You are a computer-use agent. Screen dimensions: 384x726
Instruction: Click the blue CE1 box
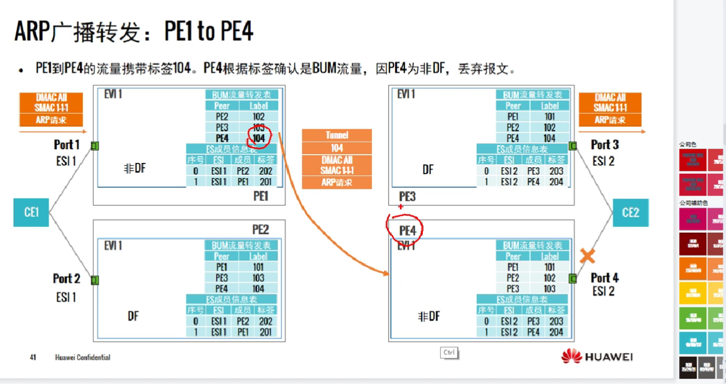click(x=31, y=212)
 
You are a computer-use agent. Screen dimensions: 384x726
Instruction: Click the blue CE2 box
click(x=631, y=212)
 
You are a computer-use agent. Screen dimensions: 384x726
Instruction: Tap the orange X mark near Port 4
click(x=587, y=256)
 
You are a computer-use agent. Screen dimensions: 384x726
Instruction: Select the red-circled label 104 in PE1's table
click(x=259, y=137)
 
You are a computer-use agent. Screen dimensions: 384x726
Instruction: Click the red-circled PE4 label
click(x=407, y=231)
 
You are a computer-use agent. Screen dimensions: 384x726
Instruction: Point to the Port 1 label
click(x=66, y=145)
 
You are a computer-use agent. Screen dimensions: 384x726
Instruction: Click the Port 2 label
click(x=66, y=279)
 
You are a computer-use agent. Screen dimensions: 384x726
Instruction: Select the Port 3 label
click(x=604, y=145)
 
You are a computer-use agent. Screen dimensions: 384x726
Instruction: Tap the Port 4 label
click(x=604, y=278)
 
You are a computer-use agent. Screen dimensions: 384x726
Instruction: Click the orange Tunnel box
click(x=337, y=135)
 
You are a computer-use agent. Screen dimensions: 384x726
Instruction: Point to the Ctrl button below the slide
click(x=449, y=353)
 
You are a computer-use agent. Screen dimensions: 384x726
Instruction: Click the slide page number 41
click(x=33, y=357)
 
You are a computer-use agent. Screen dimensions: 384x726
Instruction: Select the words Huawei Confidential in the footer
click(x=82, y=357)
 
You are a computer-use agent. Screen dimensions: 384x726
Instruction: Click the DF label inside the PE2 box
click(x=133, y=316)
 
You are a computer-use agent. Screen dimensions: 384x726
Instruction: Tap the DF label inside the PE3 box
click(x=428, y=170)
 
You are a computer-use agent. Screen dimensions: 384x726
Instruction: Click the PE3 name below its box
click(x=407, y=196)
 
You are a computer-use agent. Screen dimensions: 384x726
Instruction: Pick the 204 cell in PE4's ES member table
click(x=556, y=332)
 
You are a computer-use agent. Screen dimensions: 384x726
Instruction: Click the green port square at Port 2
click(x=95, y=280)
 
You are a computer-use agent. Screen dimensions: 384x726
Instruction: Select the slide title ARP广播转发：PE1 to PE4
click(x=134, y=32)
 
